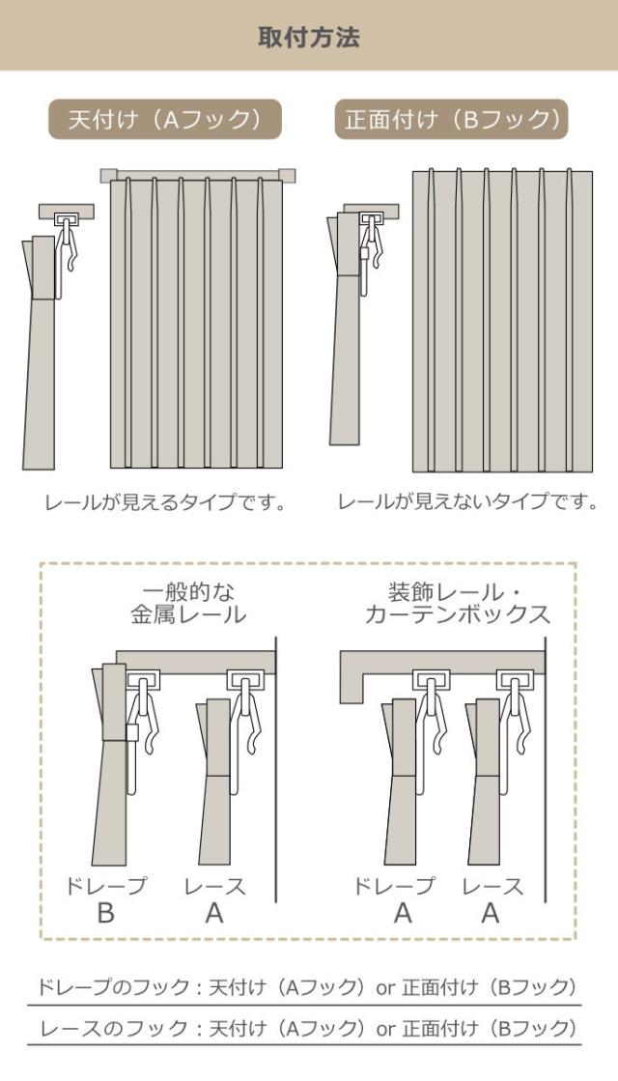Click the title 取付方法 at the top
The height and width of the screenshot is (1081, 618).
pos(309,38)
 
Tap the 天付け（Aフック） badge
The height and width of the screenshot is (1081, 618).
pos(165,120)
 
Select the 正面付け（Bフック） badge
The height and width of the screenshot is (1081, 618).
pos(452,120)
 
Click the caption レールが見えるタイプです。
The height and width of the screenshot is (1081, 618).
pos(165,503)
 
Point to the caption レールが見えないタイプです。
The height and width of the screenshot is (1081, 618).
pos(467,502)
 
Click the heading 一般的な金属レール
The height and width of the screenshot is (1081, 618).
pos(188,602)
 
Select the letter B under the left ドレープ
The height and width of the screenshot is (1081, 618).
pos(105,914)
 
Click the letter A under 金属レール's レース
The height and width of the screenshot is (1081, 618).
pos(214,914)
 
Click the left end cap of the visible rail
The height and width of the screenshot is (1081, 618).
pos(108,175)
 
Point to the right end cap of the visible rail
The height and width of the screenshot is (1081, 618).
pos(287,175)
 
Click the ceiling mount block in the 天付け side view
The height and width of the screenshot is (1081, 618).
pos(66,211)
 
